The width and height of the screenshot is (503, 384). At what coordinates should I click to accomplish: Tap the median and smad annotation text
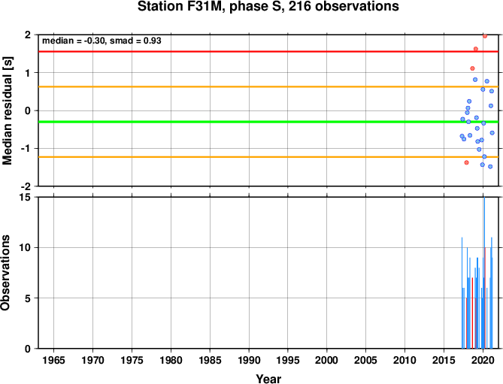[102, 41]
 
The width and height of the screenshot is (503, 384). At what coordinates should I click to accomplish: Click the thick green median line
[268, 122]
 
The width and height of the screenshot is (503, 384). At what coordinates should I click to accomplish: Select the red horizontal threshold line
[268, 52]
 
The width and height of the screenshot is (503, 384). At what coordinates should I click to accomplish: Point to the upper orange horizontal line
[268, 87]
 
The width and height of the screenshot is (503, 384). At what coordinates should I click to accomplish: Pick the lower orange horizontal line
[268, 157]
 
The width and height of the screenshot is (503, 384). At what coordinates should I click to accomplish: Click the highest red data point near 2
[485, 36]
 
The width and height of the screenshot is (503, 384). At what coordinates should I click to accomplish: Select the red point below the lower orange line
[466, 162]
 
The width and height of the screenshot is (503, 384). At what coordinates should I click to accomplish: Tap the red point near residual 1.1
[472, 68]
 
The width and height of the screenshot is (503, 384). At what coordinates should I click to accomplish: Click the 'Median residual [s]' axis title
[7, 110]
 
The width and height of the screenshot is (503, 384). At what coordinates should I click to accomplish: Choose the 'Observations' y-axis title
[5, 273]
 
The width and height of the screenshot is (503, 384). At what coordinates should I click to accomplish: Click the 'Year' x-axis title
[268, 379]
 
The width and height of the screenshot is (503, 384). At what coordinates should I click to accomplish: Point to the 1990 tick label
[249, 360]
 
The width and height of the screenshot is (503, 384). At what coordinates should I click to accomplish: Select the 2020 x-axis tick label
[483, 360]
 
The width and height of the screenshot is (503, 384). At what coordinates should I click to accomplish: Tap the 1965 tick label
[53, 360]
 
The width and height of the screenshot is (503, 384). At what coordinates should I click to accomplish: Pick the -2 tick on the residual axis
[26, 186]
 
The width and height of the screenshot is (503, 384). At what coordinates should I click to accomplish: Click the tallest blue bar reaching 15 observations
[484, 273]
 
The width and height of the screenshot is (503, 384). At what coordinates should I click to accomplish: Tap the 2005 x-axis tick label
[366, 360]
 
